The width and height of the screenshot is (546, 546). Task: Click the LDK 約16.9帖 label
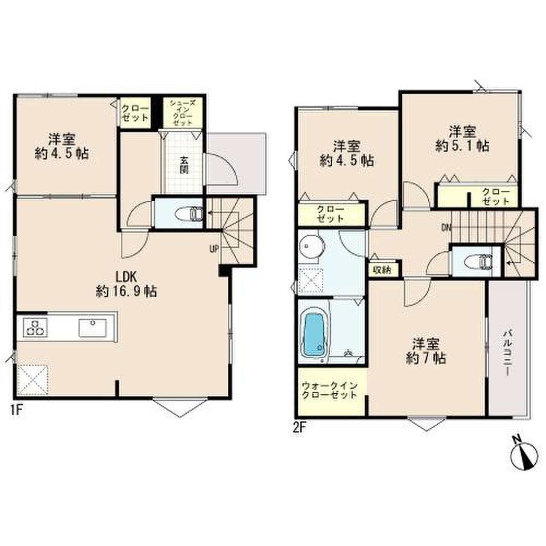(x=126, y=283)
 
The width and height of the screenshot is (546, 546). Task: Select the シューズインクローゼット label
(x=183, y=113)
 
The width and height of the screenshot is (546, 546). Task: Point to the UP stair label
(x=214, y=249)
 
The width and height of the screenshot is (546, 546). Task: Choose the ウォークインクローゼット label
(x=330, y=390)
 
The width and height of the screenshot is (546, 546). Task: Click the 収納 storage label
(x=382, y=270)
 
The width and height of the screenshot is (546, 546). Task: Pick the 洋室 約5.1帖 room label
(x=462, y=139)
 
